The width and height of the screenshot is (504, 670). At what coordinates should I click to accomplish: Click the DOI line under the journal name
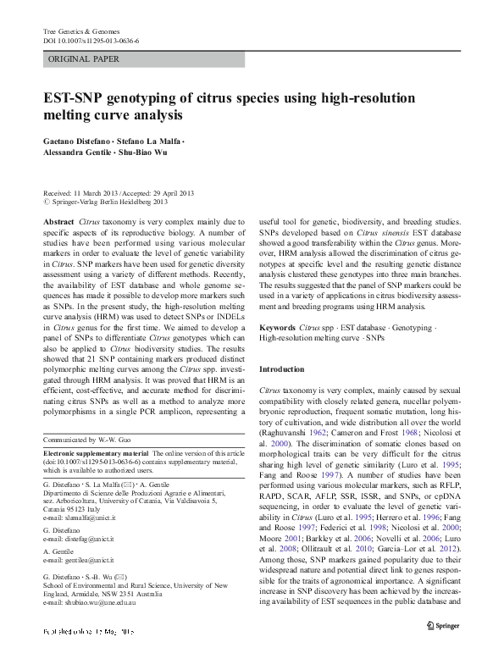(91, 41)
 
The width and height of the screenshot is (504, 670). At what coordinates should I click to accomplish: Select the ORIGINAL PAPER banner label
(84, 59)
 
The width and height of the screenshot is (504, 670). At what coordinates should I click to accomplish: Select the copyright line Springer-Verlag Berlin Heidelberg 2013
(110, 202)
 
